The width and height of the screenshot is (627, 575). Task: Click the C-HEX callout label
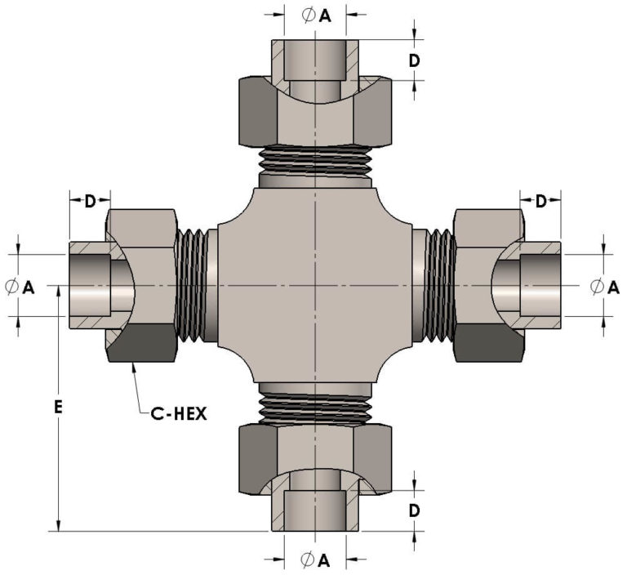point(179,413)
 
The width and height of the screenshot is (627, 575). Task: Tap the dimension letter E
point(59,408)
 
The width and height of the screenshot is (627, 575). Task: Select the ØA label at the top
point(316,16)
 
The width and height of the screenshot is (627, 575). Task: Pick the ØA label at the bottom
point(315,560)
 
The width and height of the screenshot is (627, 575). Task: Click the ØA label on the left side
point(20,287)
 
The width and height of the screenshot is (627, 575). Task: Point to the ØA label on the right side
point(605,287)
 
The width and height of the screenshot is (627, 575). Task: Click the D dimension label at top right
point(415,60)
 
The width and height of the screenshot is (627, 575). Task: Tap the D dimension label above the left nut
point(91,201)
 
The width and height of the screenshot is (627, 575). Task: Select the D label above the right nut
point(540,201)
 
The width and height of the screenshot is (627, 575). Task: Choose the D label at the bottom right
point(415,510)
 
